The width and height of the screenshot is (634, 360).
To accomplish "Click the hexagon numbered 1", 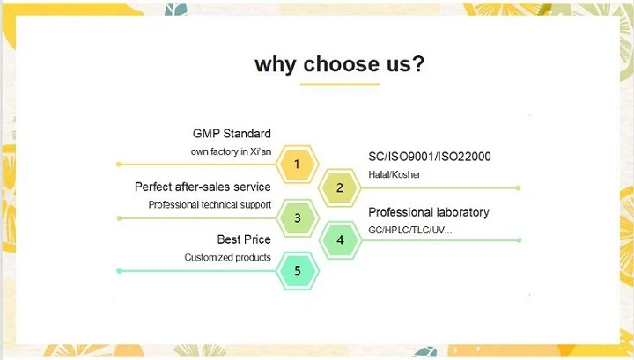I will tap(298, 164).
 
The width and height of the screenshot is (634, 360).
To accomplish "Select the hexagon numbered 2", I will tap(340, 187).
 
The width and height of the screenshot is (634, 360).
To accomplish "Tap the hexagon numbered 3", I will tap(298, 217).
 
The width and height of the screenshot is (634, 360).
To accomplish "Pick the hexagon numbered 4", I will tap(340, 239).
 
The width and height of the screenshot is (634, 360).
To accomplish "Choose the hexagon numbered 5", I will tap(298, 270).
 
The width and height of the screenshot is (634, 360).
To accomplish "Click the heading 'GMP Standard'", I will tap(232, 134).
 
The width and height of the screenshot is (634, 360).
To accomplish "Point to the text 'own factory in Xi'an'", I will tap(231, 151).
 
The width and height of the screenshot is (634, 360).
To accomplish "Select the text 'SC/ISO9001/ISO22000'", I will tap(430, 157).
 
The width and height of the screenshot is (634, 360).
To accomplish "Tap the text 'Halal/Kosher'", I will tap(394, 174).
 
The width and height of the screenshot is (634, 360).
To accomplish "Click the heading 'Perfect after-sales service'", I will tap(203, 187).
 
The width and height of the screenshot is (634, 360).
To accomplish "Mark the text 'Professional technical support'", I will tap(210, 204).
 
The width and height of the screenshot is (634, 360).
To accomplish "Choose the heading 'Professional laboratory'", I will tap(428, 212).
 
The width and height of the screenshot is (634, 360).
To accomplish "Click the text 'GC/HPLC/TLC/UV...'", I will tap(410, 230).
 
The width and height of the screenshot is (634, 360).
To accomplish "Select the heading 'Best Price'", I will tap(244, 239).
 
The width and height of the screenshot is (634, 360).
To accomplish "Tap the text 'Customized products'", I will tap(227, 257).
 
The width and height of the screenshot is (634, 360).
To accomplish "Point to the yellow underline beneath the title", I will tap(339, 84).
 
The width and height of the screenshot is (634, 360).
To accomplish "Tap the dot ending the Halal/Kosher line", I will tap(520, 187).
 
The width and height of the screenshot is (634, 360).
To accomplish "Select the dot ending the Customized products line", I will tap(119, 270).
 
